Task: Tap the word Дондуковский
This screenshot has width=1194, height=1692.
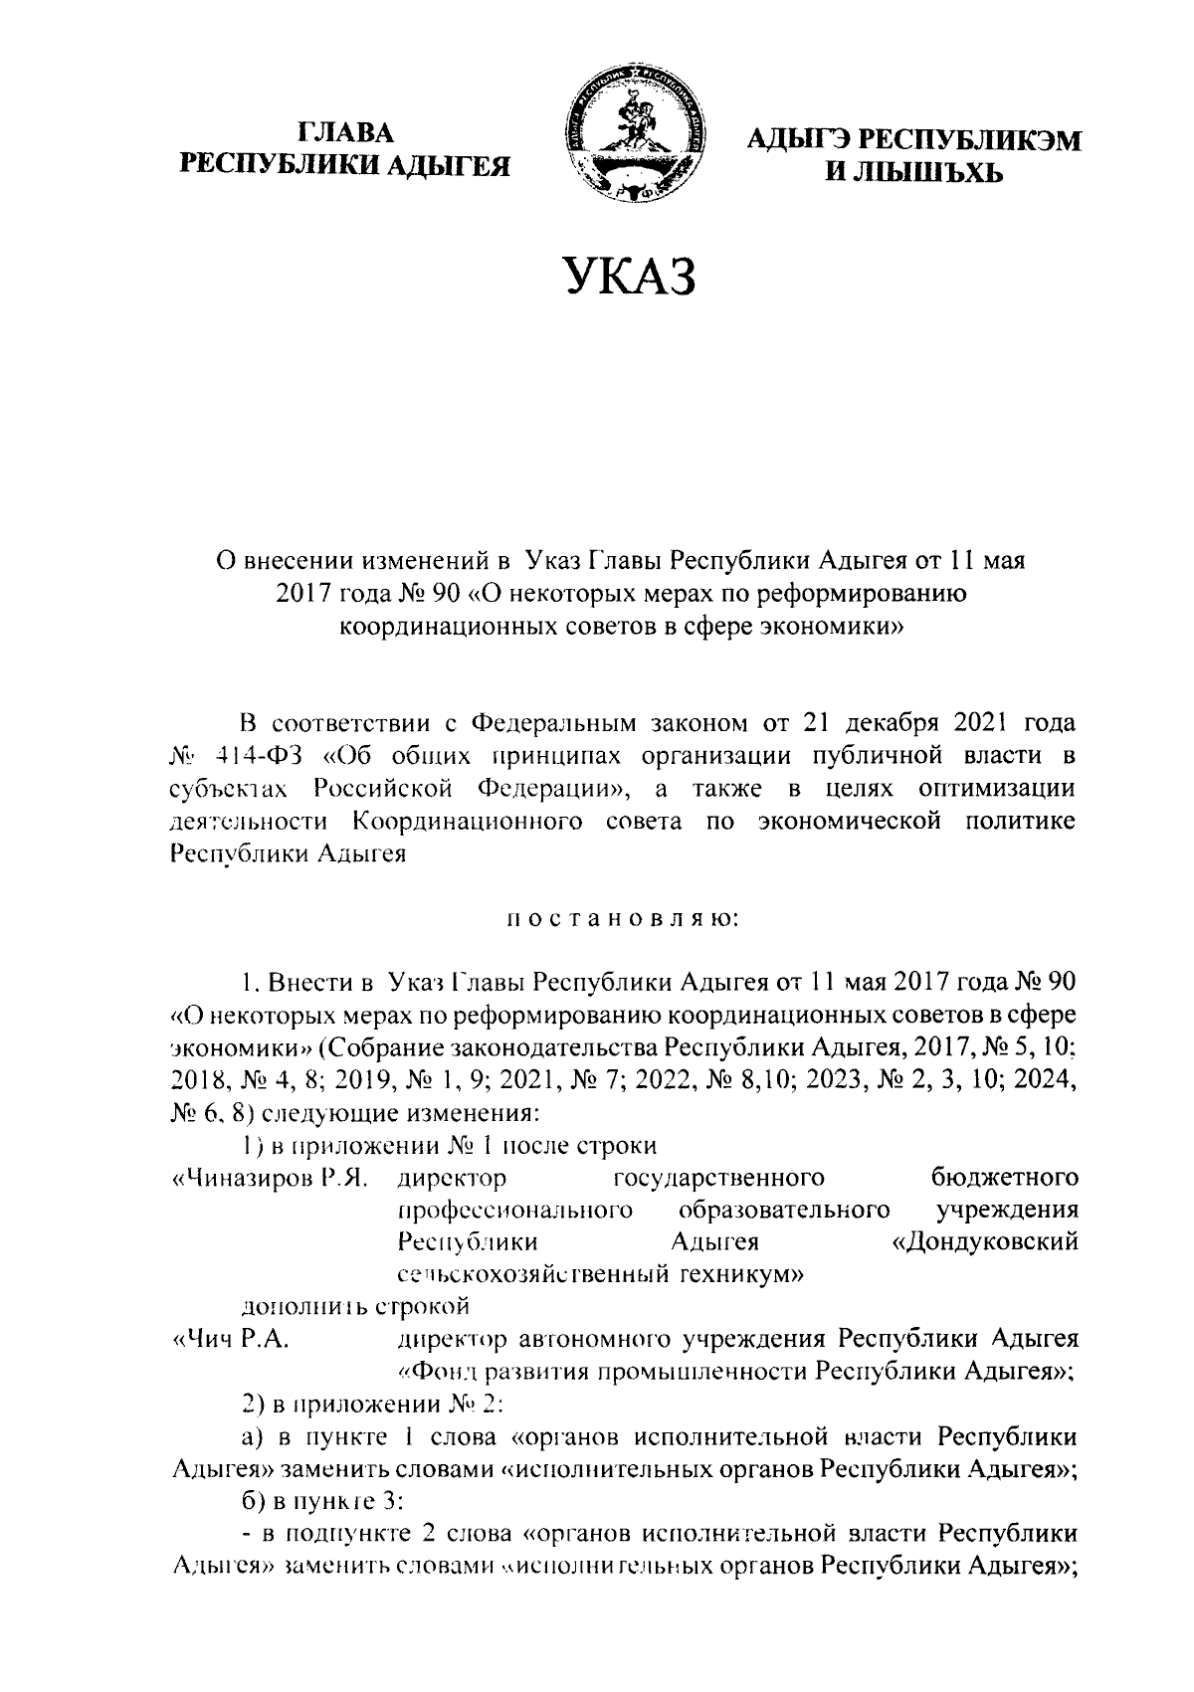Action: [985, 1243]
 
